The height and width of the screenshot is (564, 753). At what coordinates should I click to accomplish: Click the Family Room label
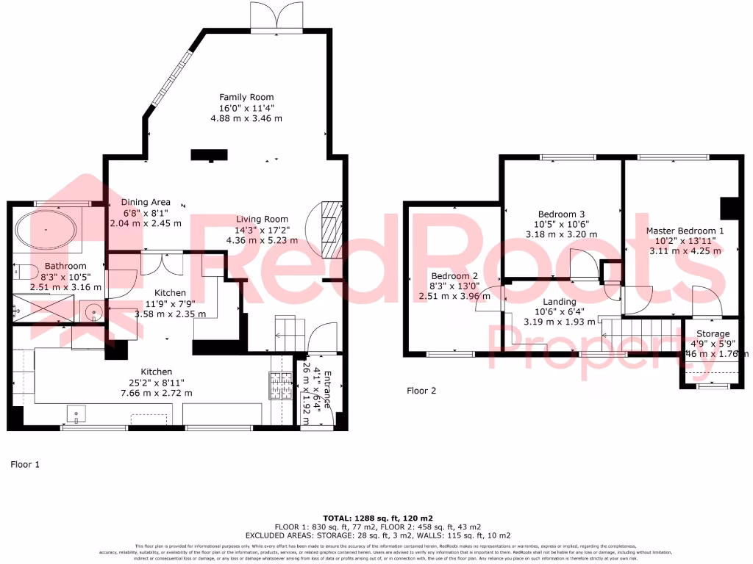pos(246,97)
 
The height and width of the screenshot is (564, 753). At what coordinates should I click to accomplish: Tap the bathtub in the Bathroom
pos(46,231)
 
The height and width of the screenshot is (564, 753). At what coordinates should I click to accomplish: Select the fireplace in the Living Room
pos(331,228)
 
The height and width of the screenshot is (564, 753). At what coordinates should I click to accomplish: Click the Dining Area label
pos(146,202)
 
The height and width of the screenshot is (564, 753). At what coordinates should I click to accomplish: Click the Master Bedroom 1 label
pos(685,231)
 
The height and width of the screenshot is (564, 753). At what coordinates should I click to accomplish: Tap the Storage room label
pos(713,333)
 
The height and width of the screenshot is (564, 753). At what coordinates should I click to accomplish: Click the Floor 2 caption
pos(421,391)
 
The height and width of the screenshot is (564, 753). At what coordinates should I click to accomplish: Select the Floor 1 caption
pos(24,464)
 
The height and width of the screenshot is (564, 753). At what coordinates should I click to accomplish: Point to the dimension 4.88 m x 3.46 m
pos(246,117)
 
